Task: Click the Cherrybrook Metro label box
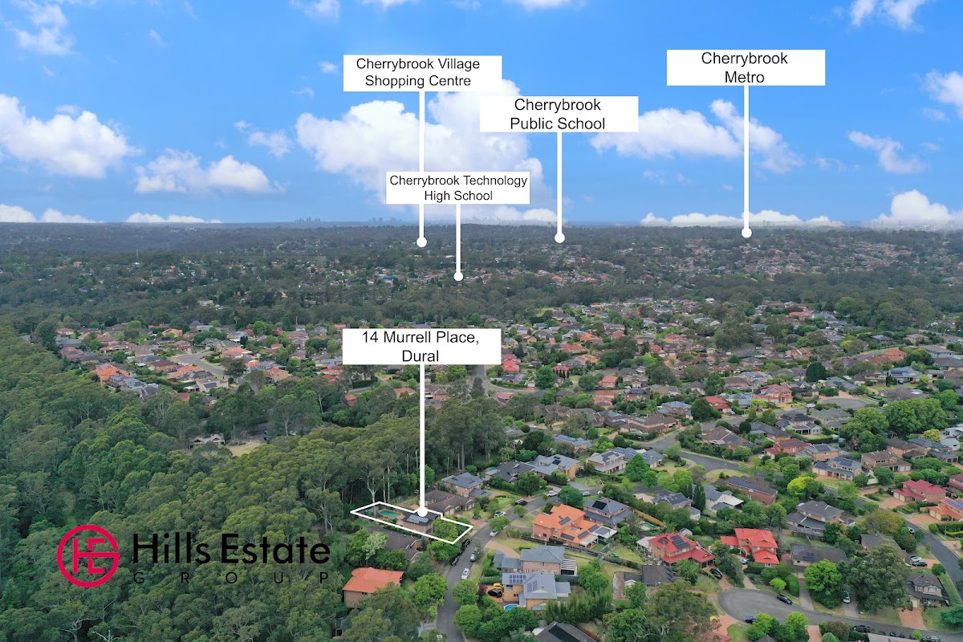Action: pyautogui.click(x=746, y=67)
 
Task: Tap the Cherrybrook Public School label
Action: pyautogui.click(x=559, y=114)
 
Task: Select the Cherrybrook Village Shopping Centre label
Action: pyautogui.click(x=422, y=73)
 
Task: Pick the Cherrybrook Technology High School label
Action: pyautogui.click(x=458, y=188)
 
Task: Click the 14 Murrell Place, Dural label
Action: pyautogui.click(x=422, y=347)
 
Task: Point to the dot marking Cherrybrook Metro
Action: pyautogui.click(x=746, y=233)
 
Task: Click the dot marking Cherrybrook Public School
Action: pyautogui.click(x=559, y=238)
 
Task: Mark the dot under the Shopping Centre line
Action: pyautogui.click(x=421, y=241)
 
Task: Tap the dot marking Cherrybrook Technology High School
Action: pyautogui.click(x=458, y=277)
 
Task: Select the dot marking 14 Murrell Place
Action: pyautogui.click(x=422, y=511)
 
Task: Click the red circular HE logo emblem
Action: pyautogui.click(x=87, y=555)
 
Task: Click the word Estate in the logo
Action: pyautogui.click(x=277, y=552)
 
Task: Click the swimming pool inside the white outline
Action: pyautogui.click(x=389, y=514)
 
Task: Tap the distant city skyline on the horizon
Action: pyautogui.click(x=309, y=220)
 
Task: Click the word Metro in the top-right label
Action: pyautogui.click(x=746, y=78)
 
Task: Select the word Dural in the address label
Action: pyautogui.click(x=422, y=356)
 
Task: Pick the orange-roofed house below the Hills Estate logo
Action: pyautogui.click(x=371, y=580)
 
